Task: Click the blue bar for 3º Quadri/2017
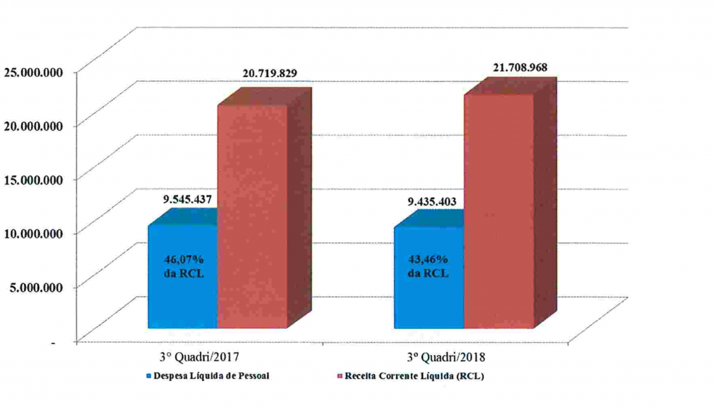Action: pos(182,295)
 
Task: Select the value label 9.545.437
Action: pos(184,199)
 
